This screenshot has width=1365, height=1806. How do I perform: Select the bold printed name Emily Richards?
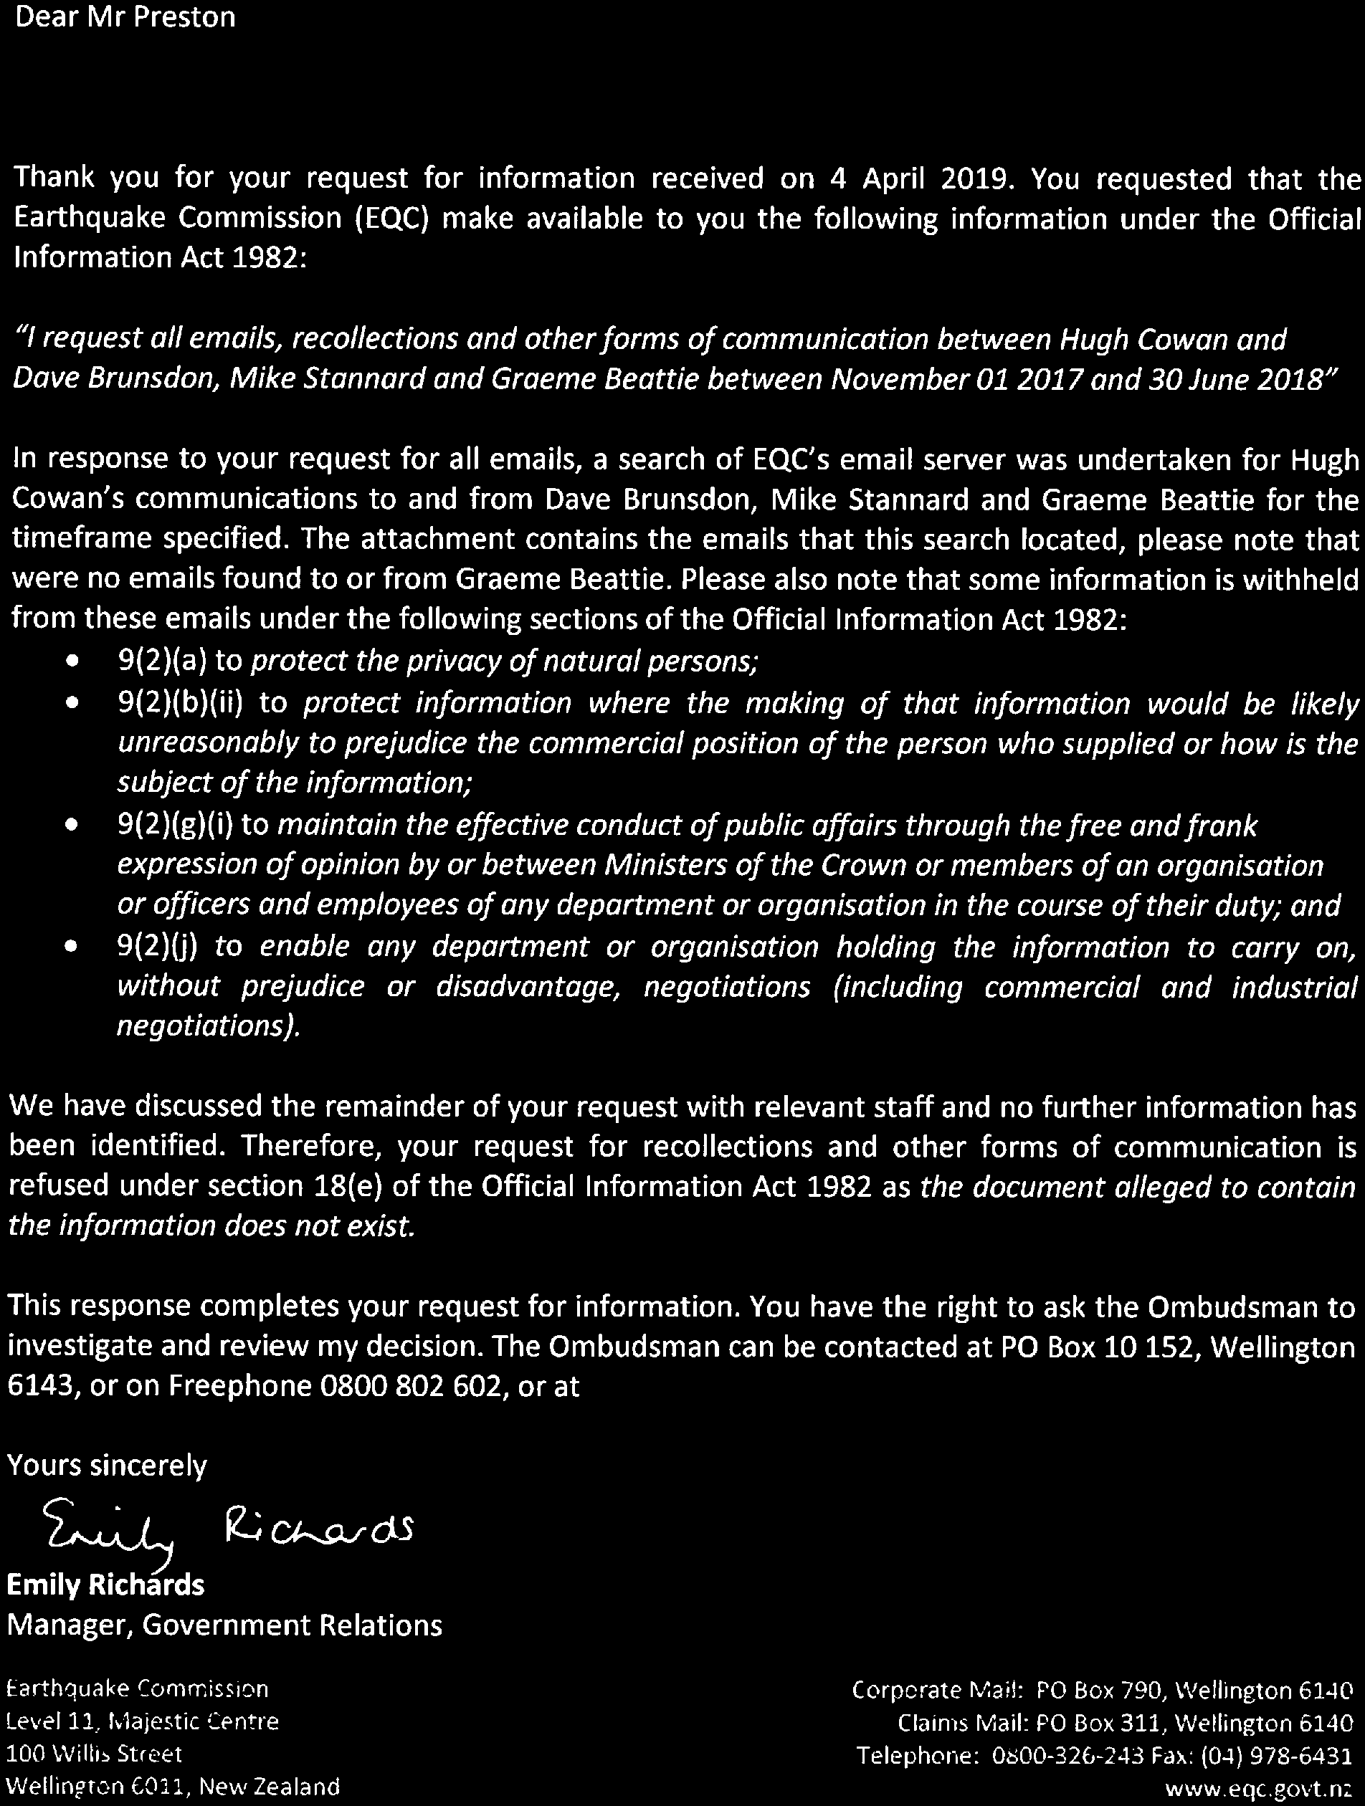(x=105, y=1585)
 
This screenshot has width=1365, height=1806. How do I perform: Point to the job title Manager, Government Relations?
(x=224, y=1625)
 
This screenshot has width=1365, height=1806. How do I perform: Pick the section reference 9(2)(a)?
(x=165, y=661)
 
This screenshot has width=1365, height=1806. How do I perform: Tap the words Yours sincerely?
(x=107, y=1466)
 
